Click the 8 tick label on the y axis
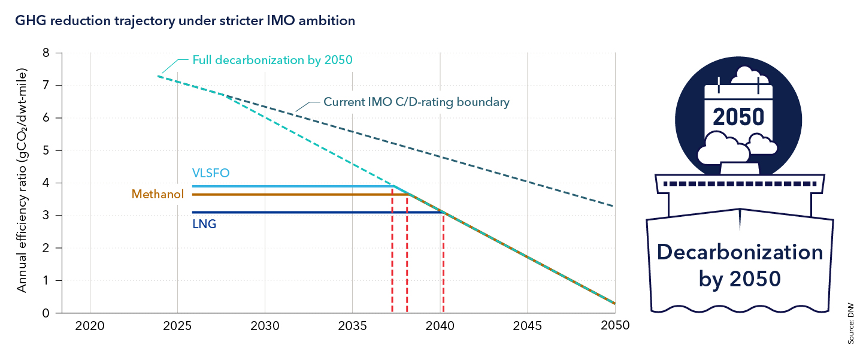tap(46, 53)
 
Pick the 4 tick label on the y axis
tap(46, 183)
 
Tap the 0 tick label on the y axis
tap(46, 313)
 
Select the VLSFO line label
tap(211, 173)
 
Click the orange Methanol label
tap(158, 194)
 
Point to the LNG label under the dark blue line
tap(204, 225)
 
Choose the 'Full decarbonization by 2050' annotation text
tap(272, 60)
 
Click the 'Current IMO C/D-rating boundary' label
tap(416, 102)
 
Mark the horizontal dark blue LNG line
tap(311, 212)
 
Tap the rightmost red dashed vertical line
tap(443, 264)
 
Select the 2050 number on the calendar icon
tap(739, 116)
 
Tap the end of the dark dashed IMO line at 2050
tap(614, 206)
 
